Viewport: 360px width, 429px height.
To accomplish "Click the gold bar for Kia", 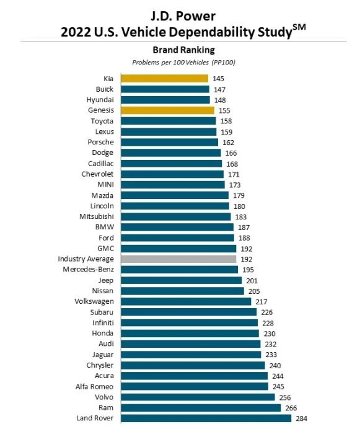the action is click(164, 79).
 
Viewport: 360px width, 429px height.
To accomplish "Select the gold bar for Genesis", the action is click(167, 110).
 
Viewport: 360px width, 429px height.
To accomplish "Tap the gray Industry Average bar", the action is click(178, 259).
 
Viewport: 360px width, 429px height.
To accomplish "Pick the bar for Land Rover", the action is click(206, 418).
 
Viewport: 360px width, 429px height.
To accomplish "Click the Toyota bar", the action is click(169, 121).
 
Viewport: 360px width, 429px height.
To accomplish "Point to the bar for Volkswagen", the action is click(186, 301).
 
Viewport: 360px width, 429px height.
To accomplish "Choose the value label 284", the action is click(301, 418).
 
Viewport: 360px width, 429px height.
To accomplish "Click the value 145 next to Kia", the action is click(218, 79).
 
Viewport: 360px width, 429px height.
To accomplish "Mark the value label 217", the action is click(261, 302).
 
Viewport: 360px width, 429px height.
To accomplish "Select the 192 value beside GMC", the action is click(246, 249).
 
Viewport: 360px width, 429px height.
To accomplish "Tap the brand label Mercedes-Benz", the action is click(88, 270).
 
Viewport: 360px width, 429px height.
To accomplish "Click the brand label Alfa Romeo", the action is click(94, 387).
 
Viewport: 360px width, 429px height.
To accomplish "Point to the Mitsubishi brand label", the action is click(96, 216).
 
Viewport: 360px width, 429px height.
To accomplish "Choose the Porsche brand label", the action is click(100, 142).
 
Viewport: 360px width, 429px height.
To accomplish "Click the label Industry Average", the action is click(86, 259).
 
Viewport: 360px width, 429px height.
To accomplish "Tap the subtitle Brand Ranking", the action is click(183, 50).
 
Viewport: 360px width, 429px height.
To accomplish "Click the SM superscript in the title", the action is click(299, 27).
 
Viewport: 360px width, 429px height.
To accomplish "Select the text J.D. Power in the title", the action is click(183, 16).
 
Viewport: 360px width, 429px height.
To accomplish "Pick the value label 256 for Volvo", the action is click(285, 397).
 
